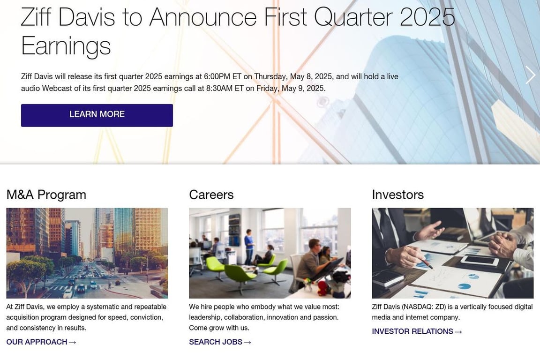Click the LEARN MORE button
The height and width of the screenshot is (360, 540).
(97, 115)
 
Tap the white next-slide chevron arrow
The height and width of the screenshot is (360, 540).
(530, 75)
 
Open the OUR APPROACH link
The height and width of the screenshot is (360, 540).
(41, 342)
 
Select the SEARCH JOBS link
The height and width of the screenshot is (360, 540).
(220, 342)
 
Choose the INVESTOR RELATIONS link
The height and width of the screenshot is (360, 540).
(417, 331)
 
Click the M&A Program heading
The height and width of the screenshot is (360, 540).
(46, 195)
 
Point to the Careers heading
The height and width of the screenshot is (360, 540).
(211, 195)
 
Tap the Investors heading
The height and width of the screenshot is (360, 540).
(398, 195)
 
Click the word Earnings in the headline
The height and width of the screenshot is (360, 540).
(66, 46)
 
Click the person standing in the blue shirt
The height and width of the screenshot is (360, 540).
(249, 247)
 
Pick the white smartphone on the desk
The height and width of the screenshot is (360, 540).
(480, 261)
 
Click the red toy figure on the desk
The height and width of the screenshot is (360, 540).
(322, 288)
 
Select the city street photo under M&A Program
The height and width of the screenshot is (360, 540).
(87, 253)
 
